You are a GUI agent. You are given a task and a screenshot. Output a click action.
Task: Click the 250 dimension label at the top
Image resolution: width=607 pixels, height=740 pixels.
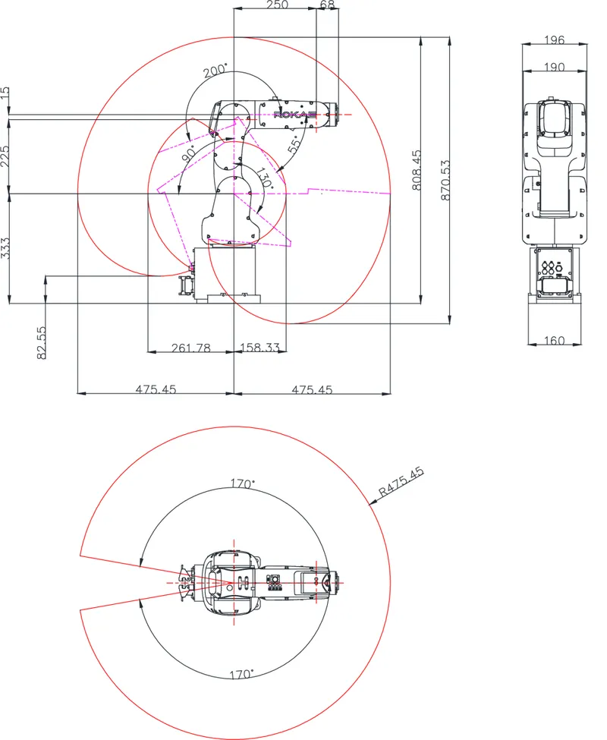pos(278,5)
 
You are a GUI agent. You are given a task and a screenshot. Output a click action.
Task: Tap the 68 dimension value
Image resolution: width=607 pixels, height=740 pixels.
pos(327,5)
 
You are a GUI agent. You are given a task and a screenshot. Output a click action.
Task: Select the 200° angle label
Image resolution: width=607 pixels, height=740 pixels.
pos(215,71)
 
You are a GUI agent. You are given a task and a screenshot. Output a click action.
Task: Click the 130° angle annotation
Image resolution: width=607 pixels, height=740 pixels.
pos(265,178)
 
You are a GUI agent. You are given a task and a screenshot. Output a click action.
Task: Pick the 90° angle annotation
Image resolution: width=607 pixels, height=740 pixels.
pos(189,153)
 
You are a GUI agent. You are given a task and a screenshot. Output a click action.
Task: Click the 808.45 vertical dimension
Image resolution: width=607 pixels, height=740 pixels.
pos(417,170)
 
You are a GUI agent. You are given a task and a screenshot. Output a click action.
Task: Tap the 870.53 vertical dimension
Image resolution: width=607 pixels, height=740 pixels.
pos(445,180)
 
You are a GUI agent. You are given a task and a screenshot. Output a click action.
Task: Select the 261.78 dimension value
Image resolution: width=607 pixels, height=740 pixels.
pos(191,348)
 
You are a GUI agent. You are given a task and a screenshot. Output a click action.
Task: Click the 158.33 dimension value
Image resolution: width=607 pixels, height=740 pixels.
pos(260,348)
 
